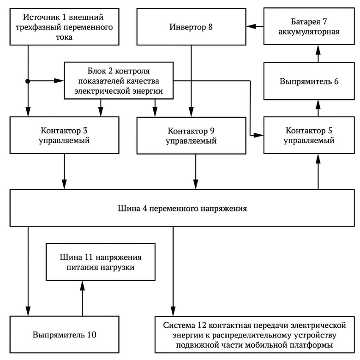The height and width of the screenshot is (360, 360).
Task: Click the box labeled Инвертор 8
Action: pos(191,27)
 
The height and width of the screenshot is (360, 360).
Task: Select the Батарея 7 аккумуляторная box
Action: pos(309,26)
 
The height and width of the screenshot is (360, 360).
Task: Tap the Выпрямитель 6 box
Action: pos(309,81)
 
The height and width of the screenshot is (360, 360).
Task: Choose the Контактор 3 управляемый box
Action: pos(64,135)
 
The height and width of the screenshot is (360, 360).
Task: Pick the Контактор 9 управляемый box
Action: pos(191,135)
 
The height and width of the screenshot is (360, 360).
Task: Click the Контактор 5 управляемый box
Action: pos(309,135)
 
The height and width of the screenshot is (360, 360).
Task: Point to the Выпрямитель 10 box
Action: pos(64,334)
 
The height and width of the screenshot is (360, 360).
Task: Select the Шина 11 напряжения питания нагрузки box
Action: pos(101,262)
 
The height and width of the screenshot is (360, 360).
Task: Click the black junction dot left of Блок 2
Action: pos(28,81)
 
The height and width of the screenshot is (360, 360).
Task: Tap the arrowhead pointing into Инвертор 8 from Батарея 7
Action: pos(251,26)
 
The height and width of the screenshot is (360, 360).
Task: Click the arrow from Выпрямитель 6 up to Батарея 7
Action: pos(318,54)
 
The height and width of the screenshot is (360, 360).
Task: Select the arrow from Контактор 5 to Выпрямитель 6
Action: pos(318,108)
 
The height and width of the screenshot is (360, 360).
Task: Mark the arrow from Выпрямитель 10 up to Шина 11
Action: pos(82,298)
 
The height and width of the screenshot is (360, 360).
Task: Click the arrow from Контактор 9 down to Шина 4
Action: pos(196,172)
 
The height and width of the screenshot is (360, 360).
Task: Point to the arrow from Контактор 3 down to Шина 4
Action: pos(64,172)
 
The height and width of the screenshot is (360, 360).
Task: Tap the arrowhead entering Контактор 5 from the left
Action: pos(258,135)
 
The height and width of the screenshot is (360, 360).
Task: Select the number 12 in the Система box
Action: pos(201,325)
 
